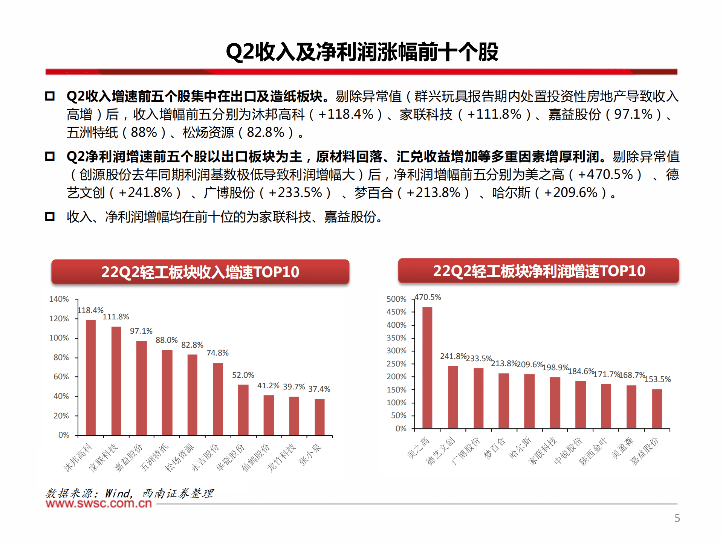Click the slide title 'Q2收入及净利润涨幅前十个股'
(x=362, y=52)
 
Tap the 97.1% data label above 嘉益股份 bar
(x=141, y=331)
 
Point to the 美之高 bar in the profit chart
(x=427, y=368)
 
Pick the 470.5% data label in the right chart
(x=428, y=297)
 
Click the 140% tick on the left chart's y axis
(x=59, y=299)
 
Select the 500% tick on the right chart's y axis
(x=396, y=299)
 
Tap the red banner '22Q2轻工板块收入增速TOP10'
(x=200, y=272)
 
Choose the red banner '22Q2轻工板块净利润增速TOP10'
(x=539, y=271)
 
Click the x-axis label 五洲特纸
(x=154, y=457)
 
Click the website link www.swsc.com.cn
(x=99, y=504)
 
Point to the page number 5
(x=677, y=518)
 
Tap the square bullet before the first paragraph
(x=50, y=96)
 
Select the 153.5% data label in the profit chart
(x=657, y=379)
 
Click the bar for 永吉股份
(x=218, y=399)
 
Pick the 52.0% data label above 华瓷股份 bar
(x=243, y=375)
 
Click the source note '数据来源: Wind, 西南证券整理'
(x=129, y=493)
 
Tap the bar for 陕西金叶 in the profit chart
(x=606, y=406)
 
